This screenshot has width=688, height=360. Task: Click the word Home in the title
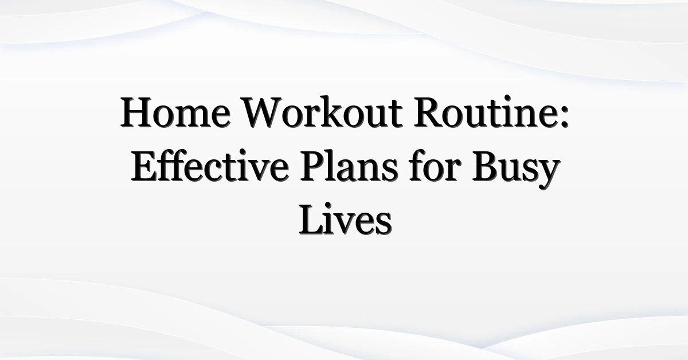click(175, 112)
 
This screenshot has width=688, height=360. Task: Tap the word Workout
click(322, 112)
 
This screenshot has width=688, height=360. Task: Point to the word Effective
click(210, 165)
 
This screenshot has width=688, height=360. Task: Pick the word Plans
click(349, 165)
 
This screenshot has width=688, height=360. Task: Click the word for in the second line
click(435, 165)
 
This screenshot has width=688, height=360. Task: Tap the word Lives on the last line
click(345, 220)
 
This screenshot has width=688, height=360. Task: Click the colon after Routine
click(565, 117)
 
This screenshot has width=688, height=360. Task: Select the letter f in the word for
click(418, 165)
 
